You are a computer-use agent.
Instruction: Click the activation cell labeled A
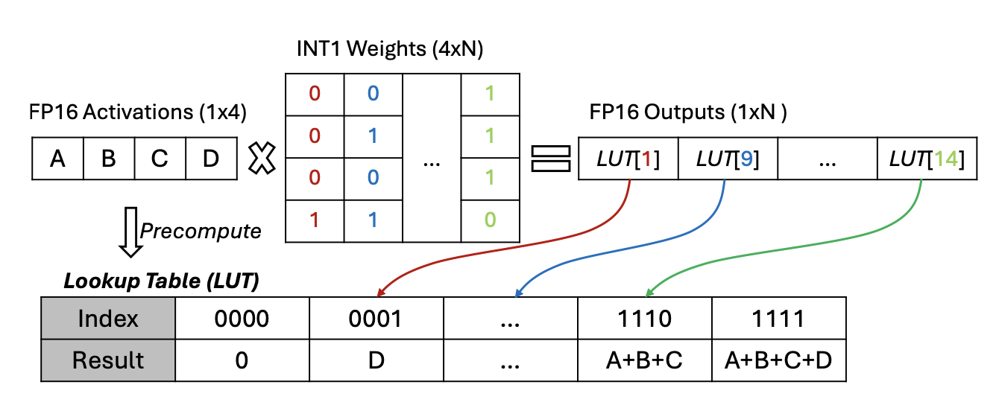pyautogui.click(x=57, y=159)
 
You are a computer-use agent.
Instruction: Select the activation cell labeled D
pyautogui.click(x=211, y=159)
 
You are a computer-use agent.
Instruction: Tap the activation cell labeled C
pyautogui.click(x=160, y=159)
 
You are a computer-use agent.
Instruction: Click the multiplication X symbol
pyautogui.click(x=262, y=159)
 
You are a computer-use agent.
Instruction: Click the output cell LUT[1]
pyautogui.click(x=628, y=159)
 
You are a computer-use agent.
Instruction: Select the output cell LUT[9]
pyautogui.click(x=728, y=159)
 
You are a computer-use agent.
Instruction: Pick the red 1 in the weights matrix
pyautogui.click(x=315, y=220)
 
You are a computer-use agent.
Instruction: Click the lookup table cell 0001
pyautogui.click(x=376, y=319)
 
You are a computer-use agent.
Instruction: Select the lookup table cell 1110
pyautogui.click(x=645, y=319)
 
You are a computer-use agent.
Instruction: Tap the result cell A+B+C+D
pyautogui.click(x=779, y=360)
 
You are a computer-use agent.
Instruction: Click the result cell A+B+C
pyautogui.click(x=645, y=360)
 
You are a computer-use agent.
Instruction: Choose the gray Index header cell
pyautogui.click(x=108, y=319)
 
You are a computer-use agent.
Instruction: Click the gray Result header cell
pyautogui.click(x=108, y=360)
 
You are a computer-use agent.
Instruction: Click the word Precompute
pyautogui.click(x=201, y=231)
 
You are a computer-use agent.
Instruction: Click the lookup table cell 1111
pyautogui.click(x=779, y=319)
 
